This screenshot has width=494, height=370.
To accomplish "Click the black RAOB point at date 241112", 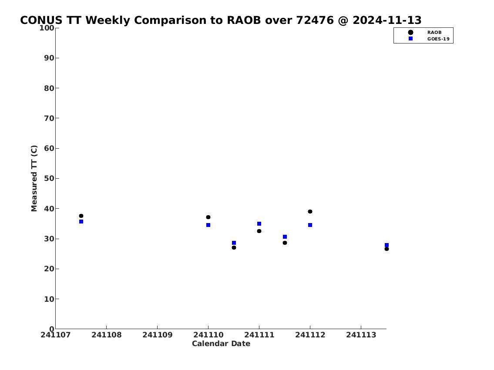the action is [x=310, y=211].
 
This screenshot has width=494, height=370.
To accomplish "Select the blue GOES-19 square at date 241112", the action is [x=310, y=225].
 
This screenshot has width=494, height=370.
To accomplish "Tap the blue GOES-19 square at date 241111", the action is [x=259, y=224].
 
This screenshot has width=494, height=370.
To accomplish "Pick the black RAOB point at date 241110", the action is [x=208, y=217].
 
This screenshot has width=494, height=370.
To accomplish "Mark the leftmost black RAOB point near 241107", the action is [x=81, y=216].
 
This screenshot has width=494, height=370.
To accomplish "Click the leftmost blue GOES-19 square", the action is [x=81, y=221].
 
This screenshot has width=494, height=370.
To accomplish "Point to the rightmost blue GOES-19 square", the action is [x=386, y=245].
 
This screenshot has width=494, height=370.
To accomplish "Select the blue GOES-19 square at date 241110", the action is [x=208, y=225].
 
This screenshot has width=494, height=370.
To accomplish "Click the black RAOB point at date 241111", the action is [x=259, y=231].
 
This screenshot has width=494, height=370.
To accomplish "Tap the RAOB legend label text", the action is [x=434, y=33].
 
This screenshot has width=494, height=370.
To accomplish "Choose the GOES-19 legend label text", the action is [x=438, y=39].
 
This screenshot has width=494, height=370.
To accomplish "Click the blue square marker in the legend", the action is [x=410, y=38].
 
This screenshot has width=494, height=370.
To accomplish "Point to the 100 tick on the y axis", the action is [x=57, y=28].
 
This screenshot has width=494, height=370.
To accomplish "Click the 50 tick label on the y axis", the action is [x=49, y=178].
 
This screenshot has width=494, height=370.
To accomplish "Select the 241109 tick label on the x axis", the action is [x=158, y=335].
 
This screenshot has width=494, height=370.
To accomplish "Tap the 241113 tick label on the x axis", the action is [x=361, y=335].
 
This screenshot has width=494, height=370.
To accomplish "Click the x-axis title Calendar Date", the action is [x=221, y=343].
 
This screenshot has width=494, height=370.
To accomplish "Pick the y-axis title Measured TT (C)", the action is [x=34, y=178].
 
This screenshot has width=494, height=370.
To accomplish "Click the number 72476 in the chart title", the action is [x=315, y=20].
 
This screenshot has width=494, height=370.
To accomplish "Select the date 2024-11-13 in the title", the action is [x=387, y=20].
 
